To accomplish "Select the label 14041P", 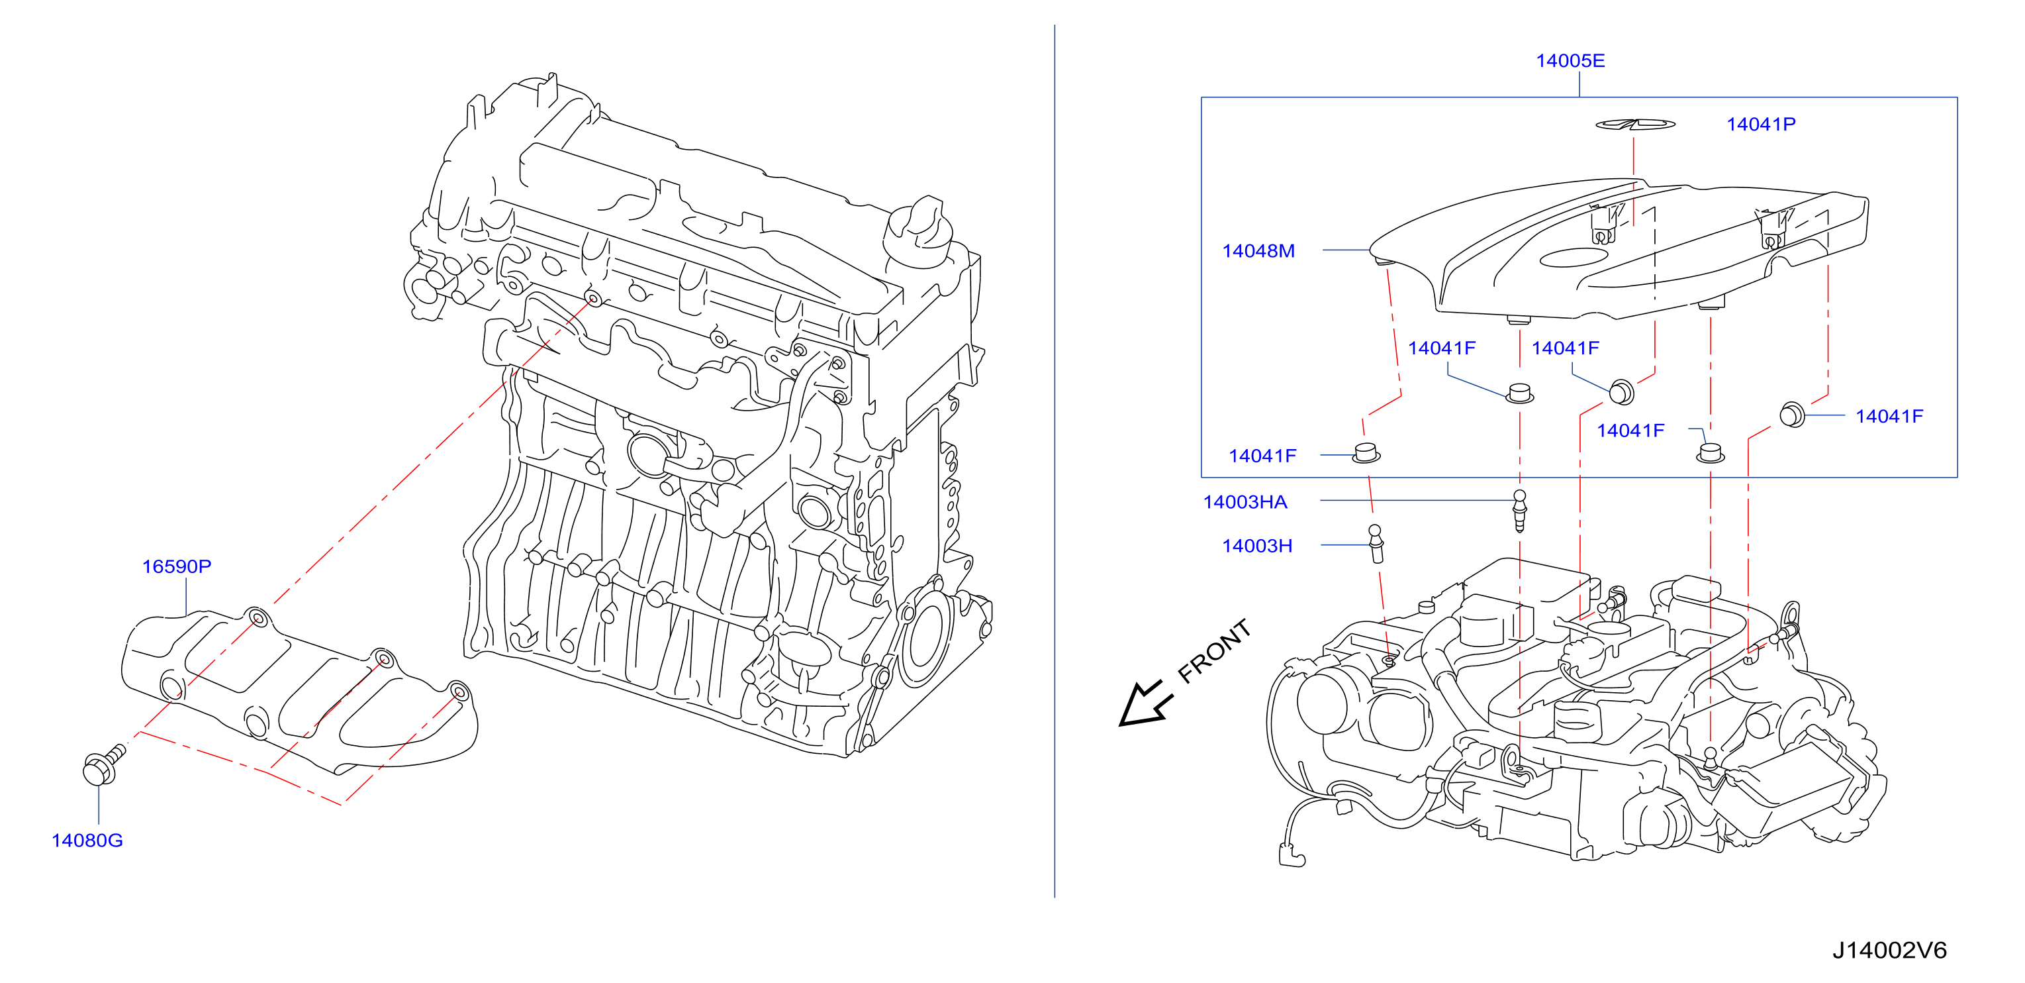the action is (x=1761, y=125).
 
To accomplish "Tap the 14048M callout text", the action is (x=1258, y=251).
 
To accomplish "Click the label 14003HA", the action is (x=1245, y=501).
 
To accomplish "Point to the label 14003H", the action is (x=1257, y=546).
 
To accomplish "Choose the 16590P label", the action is (x=176, y=566).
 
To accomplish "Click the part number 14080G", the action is (x=87, y=841).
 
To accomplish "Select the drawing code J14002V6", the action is (x=1890, y=950).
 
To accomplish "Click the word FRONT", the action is (x=1215, y=650).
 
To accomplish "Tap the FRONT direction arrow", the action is (x=1145, y=703).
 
